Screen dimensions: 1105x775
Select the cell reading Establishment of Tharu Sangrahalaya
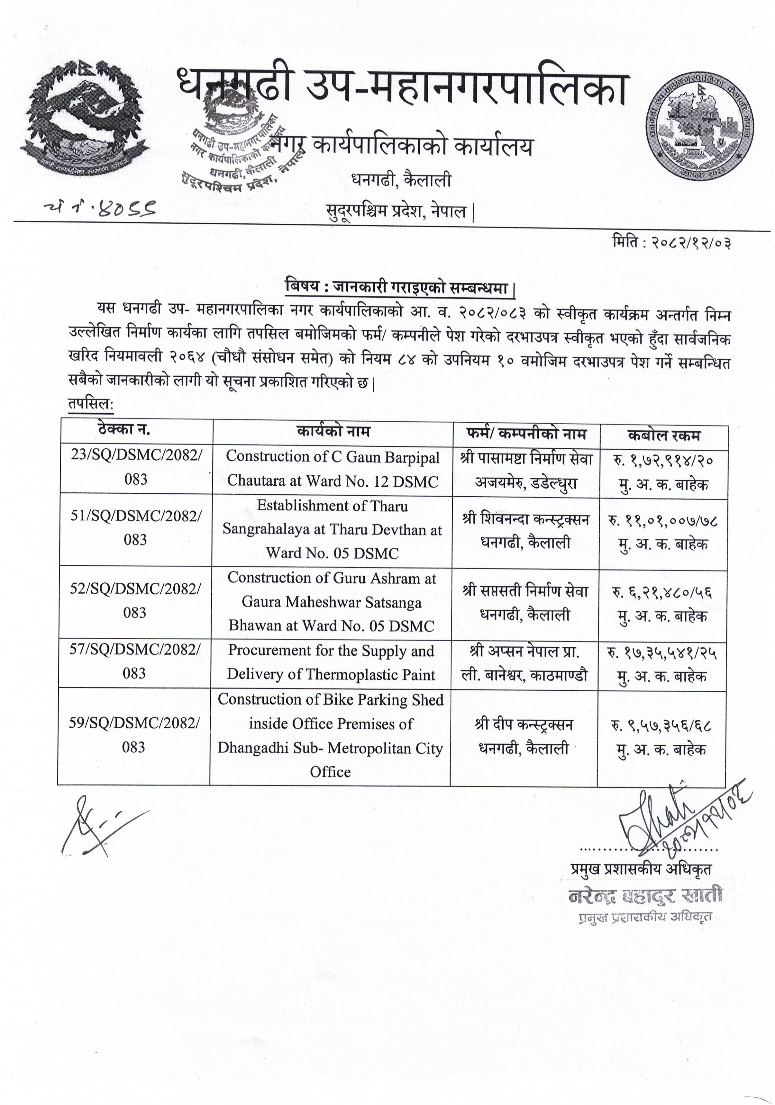click(x=332, y=529)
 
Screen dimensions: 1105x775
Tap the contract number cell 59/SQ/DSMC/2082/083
click(x=134, y=735)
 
